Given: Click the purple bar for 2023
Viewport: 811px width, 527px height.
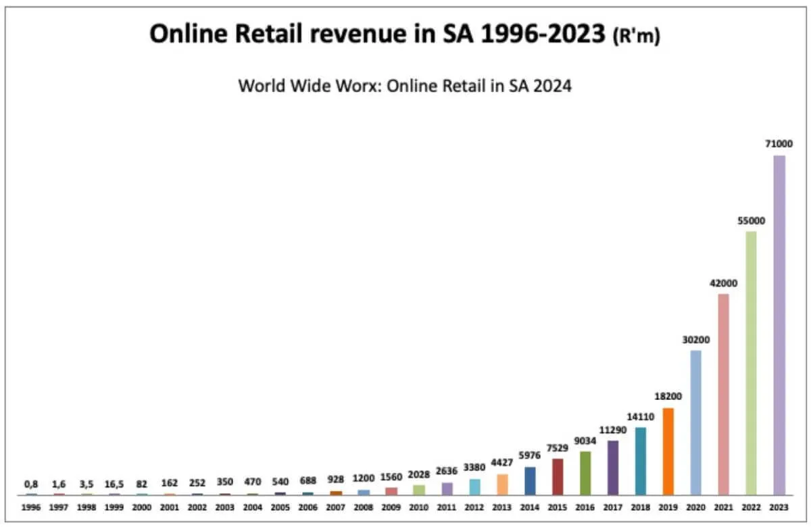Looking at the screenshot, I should (x=779, y=324).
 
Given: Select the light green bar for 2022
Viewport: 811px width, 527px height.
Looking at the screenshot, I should (x=751, y=363).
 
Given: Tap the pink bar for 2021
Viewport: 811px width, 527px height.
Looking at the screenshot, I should (x=723, y=394).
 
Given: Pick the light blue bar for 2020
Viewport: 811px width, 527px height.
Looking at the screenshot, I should (x=695, y=422).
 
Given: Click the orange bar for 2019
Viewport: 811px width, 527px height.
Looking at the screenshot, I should (x=668, y=451).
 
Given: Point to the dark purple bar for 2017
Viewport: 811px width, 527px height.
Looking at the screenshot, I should (x=612, y=468).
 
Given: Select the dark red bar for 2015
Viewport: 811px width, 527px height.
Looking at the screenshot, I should (x=557, y=476).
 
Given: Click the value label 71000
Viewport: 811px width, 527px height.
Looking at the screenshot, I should (x=779, y=143).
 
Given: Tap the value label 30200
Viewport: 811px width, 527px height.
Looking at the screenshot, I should (x=695, y=339).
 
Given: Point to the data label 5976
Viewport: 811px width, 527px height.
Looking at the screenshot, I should (x=529, y=455).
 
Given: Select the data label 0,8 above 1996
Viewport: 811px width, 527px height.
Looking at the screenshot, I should (x=32, y=483).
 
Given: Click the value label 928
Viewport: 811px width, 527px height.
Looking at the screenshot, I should (x=336, y=479).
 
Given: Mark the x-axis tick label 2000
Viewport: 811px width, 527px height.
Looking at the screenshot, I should (x=142, y=506).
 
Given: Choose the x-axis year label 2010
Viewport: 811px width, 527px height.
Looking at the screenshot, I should (x=419, y=506).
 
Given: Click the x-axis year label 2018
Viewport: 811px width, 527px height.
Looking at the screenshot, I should (x=640, y=506).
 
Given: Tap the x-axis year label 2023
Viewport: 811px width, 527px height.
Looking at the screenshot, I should (x=779, y=506).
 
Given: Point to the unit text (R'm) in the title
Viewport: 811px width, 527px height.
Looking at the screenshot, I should (x=636, y=38).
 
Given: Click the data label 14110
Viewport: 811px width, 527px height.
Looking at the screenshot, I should (x=640, y=417).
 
